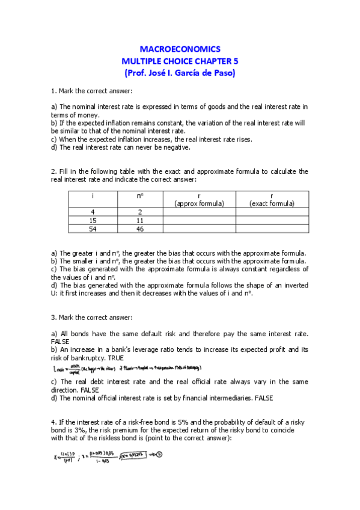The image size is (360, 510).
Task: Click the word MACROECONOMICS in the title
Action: pos(180,49)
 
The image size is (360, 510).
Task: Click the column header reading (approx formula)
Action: pos(199,204)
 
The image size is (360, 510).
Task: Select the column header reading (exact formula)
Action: pos(272,204)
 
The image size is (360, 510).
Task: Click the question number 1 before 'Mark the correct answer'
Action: pos(53,91)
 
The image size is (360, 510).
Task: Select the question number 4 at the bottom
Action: pos(53,426)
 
